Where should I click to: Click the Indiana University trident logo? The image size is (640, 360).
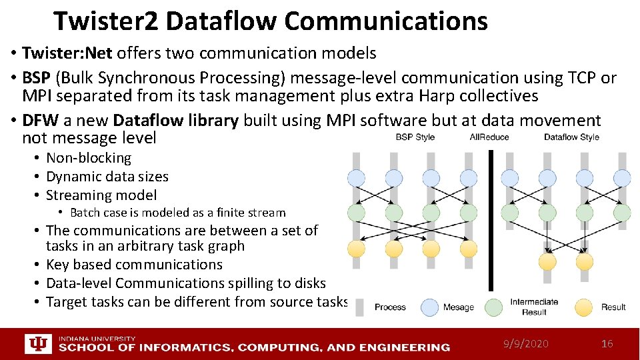click(x=37, y=344)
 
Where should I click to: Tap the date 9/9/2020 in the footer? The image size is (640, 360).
click(x=527, y=343)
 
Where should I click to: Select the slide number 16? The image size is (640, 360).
click(x=607, y=343)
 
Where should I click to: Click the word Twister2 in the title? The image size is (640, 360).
click(x=105, y=21)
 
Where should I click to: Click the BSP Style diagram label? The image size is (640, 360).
click(x=415, y=137)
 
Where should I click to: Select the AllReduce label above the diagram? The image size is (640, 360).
click(x=489, y=137)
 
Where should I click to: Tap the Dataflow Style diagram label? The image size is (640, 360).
click(x=571, y=137)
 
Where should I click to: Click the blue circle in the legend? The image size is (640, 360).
click(x=431, y=307)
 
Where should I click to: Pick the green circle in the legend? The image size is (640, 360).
click(x=493, y=307)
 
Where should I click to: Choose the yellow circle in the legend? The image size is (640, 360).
click(x=583, y=307)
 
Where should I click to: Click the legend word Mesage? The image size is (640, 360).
click(x=458, y=307)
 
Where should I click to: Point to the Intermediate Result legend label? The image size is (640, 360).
click(x=533, y=307)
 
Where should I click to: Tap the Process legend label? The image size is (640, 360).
click(x=390, y=307)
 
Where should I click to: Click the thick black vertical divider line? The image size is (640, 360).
click(x=491, y=220)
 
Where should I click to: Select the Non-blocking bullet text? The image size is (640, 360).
click(x=89, y=158)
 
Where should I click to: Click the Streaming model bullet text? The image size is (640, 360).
click(x=101, y=195)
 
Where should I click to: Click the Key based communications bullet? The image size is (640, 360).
click(x=134, y=265)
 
